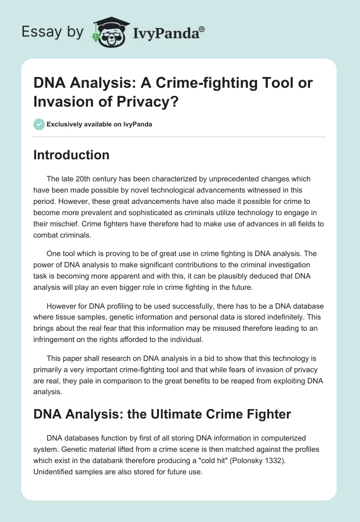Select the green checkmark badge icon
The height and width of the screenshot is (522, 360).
pos(39,124)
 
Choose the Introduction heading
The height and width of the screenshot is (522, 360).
pos(72,155)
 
